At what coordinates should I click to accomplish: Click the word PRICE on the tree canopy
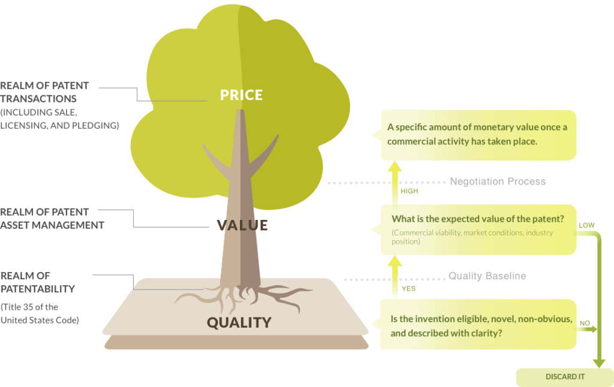[241, 95]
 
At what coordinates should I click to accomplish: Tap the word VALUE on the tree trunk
[242, 225]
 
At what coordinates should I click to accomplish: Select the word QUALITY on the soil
[239, 322]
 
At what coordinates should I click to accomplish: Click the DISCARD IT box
[565, 377]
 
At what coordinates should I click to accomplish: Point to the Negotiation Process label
[498, 181]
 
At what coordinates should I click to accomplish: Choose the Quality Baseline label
[487, 276]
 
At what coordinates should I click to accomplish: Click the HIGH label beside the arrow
[409, 191]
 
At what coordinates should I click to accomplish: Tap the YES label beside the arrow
[408, 289]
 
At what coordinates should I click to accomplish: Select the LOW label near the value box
[586, 225]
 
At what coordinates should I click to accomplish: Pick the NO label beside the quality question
[585, 323]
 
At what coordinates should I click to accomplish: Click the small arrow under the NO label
[587, 329]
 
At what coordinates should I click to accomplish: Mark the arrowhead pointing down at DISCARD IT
[599, 363]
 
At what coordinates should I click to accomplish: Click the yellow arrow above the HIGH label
[395, 184]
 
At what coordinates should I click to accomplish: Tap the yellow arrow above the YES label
[395, 276]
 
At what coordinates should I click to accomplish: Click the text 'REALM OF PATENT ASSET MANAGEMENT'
[52, 218]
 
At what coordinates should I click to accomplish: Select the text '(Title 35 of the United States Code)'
[40, 313]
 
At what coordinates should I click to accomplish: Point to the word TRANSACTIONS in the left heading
[38, 99]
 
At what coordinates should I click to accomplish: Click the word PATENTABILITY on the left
[38, 289]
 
